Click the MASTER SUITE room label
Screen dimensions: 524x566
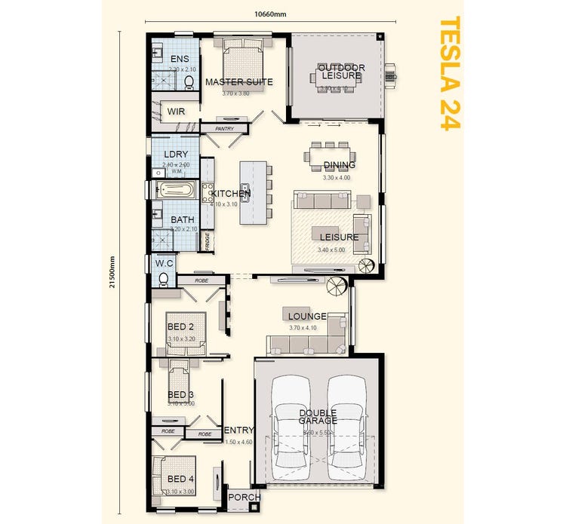pyautogui.click(x=238, y=81)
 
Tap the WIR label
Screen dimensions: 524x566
pyautogui.click(x=176, y=111)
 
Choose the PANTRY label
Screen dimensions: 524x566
pyautogui.click(x=224, y=129)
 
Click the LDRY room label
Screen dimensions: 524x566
pyautogui.click(x=175, y=155)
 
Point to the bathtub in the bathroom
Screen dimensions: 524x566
pyautogui.click(x=175, y=190)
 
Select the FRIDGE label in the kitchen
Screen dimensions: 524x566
pyautogui.click(x=207, y=241)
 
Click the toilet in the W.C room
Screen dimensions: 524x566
pyautogui.click(x=164, y=279)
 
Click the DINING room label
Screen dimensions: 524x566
pyautogui.click(x=339, y=165)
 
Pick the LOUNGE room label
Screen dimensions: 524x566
pyautogui.click(x=307, y=316)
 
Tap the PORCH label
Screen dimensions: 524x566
pyautogui.click(x=244, y=498)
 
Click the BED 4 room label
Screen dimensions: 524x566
pyautogui.click(x=180, y=480)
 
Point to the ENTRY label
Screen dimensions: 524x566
pyautogui.click(x=238, y=430)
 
